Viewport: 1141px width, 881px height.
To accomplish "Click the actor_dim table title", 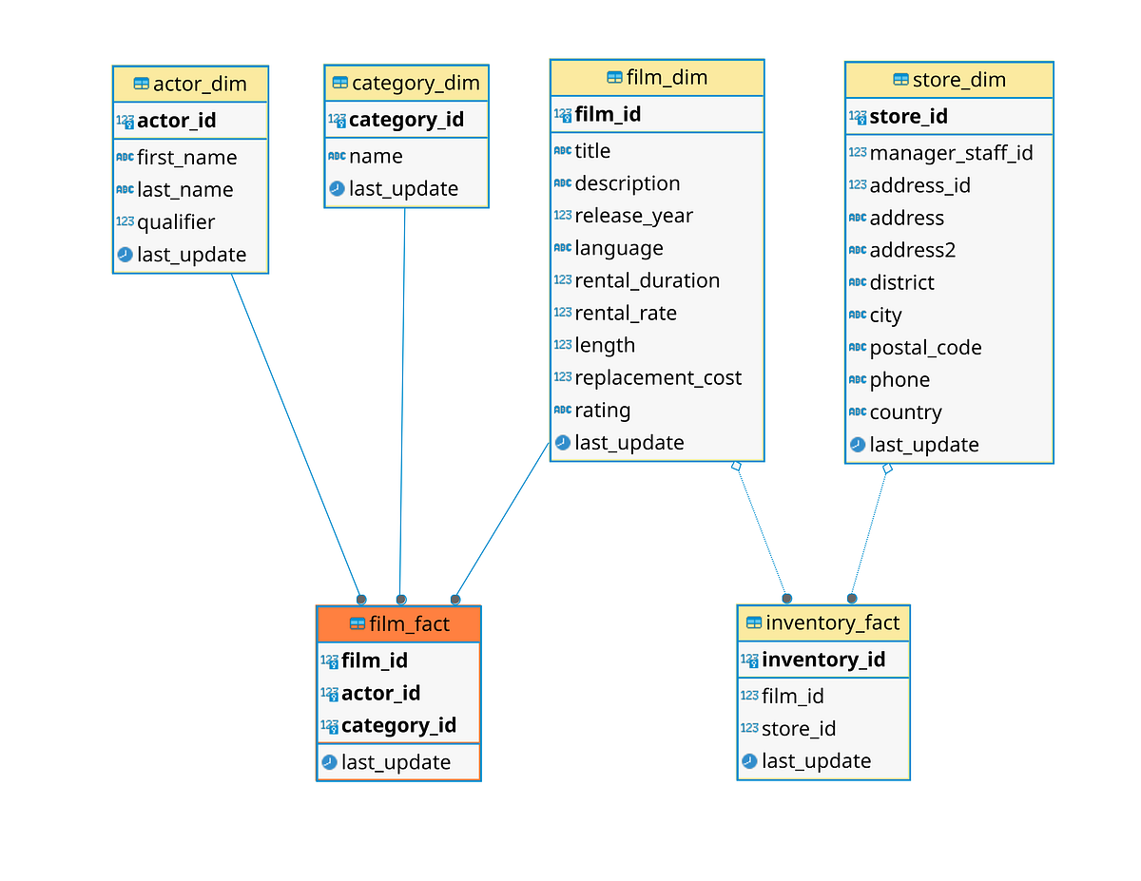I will pos(200,84).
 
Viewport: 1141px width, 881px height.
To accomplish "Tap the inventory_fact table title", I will pos(832,622).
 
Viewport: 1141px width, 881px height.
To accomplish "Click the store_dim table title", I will pos(958,80).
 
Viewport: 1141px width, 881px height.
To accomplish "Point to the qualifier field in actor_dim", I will pos(176,222).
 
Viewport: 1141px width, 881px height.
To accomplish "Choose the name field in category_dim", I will pos(376,157).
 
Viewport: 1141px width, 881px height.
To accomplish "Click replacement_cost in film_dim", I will pos(658,378).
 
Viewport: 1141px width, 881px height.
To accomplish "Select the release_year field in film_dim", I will pos(633,216).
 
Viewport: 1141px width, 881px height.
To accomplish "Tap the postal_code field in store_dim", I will pos(925,348).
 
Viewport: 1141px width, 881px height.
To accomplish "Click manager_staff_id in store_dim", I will pos(951,153).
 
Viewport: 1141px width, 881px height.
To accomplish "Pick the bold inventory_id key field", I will pos(823,660).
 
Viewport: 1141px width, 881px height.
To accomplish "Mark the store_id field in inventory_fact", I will pos(799,729).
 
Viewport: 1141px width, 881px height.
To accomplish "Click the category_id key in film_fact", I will pos(398,726).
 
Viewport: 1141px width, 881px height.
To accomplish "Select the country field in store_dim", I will pos(905,412).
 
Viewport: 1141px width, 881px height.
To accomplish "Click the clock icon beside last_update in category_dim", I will pos(337,189).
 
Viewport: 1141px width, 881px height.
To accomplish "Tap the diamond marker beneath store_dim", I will pos(887,469).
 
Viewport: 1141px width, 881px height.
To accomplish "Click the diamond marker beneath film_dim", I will pos(736,466).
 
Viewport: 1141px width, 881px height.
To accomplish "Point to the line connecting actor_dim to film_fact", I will pos(295,432).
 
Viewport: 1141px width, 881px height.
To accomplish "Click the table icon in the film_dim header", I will pos(614,78).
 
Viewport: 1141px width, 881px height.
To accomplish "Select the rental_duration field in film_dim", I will pos(647,281).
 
